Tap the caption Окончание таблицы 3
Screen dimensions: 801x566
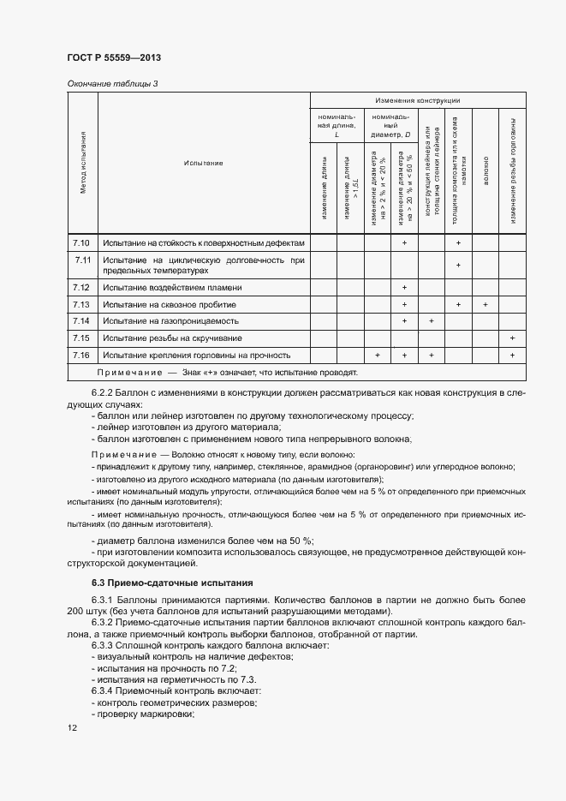(x=112, y=83)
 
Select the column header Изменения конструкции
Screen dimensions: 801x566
(x=418, y=101)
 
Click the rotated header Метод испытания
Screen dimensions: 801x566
(x=83, y=163)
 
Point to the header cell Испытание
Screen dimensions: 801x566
(x=203, y=163)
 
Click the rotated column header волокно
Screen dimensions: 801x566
(x=485, y=163)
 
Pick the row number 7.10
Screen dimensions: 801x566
(x=82, y=243)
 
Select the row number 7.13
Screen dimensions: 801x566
(x=82, y=304)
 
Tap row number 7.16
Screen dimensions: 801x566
(x=82, y=355)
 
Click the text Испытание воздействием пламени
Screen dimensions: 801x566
(x=172, y=288)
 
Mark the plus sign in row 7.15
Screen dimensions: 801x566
(x=512, y=338)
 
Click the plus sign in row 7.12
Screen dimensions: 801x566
(x=404, y=288)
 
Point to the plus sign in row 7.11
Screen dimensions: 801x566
(x=458, y=265)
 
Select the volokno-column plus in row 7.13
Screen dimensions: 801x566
(x=485, y=304)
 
